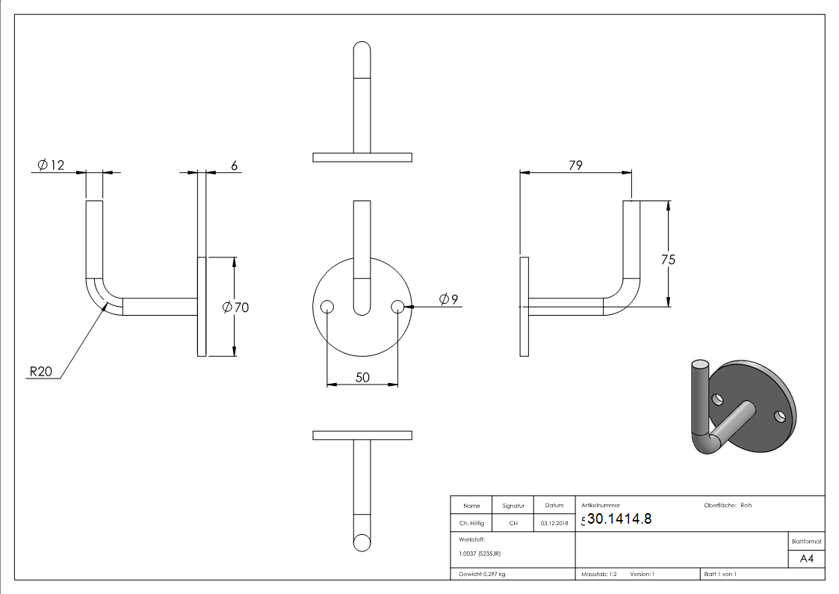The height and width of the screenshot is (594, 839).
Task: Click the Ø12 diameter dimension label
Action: pyautogui.click(x=51, y=165)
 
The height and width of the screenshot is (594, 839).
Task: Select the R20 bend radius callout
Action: pyautogui.click(x=41, y=372)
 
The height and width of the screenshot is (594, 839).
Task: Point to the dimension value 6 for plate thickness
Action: pyautogui.click(x=234, y=166)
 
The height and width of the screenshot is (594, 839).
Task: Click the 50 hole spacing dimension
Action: pyautogui.click(x=362, y=378)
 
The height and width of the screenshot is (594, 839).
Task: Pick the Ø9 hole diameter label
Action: pyautogui.click(x=448, y=299)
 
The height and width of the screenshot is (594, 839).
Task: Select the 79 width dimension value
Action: pyautogui.click(x=575, y=165)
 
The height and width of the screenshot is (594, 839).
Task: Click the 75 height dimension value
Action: pyautogui.click(x=668, y=260)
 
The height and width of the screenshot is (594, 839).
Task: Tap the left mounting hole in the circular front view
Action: pyautogui.click(x=326, y=306)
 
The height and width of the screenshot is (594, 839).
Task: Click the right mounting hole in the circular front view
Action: pyautogui.click(x=397, y=306)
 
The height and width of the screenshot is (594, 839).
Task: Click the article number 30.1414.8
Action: pyautogui.click(x=619, y=519)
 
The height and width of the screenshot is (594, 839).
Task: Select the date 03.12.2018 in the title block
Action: pyautogui.click(x=554, y=523)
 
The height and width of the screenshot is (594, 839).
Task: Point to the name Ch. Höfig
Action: pyautogui.click(x=471, y=523)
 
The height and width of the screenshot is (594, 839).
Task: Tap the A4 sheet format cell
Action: pyautogui.click(x=806, y=559)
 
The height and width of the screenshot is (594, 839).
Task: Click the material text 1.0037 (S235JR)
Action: pyautogui.click(x=480, y=554)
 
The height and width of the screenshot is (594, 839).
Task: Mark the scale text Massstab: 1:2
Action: pyautogui.click(x=598, y=574)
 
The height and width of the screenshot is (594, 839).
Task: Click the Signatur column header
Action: pyautogui.click(x=513, y=506)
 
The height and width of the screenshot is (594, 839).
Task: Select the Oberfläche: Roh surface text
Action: pyautogui.click(x=728, y=505)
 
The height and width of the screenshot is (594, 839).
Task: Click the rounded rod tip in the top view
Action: pyautogui.click(x=362, y=52)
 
